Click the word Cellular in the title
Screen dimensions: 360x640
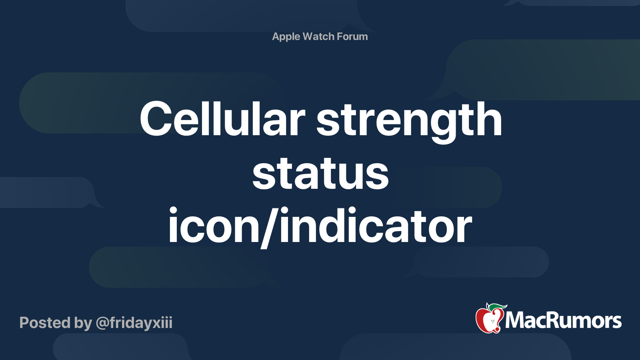coord(222,119)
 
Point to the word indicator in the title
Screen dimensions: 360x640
coord(376,226)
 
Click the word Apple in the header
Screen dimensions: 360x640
coord(286,37)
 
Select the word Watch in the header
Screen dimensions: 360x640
coord(318,36)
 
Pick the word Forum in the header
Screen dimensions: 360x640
coord(352,36)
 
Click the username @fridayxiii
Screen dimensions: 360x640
coord(134,323)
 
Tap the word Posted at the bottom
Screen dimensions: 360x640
coord(44,323)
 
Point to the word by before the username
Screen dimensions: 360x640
coord(83,323)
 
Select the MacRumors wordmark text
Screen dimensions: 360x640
coord(563,321)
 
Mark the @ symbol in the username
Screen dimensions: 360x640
coord(102,323)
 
